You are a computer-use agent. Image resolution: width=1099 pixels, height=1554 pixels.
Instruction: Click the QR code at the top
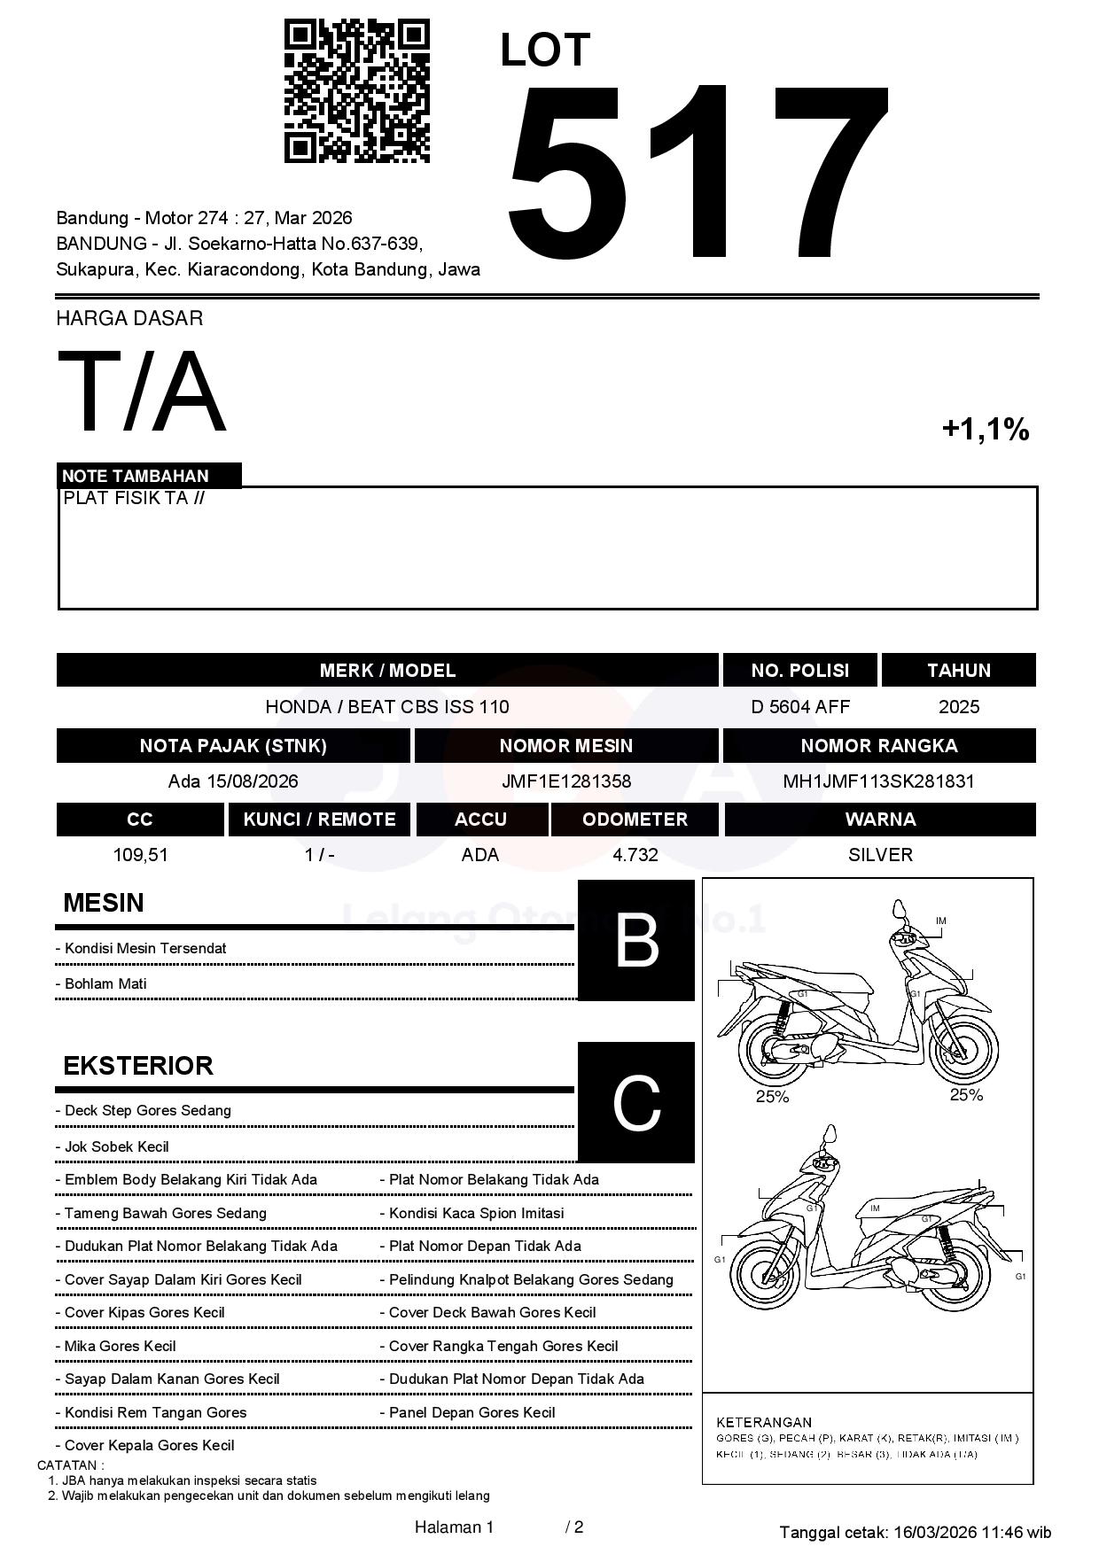356,91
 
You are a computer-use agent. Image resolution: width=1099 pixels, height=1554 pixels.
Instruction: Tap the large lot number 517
697,173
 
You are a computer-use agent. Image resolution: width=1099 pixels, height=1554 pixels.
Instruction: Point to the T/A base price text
142,392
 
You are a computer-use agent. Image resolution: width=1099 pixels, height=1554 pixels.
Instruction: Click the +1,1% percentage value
985,430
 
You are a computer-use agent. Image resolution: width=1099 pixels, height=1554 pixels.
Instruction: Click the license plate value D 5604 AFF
799,707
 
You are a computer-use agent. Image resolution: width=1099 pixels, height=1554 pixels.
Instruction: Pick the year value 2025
958,707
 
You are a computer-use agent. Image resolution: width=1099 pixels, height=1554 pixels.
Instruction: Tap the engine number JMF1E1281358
565,781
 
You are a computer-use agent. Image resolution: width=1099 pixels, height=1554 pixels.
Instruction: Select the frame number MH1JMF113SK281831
878,781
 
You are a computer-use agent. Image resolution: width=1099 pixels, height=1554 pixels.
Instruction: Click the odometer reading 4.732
635,855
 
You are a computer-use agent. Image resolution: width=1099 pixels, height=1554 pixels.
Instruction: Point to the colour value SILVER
879,855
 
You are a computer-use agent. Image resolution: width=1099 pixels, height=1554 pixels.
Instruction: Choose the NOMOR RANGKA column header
878,746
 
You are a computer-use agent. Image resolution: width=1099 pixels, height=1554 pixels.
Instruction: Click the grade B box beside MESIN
635,940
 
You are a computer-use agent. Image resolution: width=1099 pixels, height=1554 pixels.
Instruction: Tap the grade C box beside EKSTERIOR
635,1102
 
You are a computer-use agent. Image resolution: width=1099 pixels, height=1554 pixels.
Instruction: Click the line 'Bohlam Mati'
105,984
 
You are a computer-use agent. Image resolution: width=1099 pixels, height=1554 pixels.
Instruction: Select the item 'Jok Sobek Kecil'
116,1146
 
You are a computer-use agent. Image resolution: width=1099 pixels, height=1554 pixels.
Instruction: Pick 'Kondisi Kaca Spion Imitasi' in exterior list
476,1213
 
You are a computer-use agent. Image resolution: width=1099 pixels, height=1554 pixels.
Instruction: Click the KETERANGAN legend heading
763,1422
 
